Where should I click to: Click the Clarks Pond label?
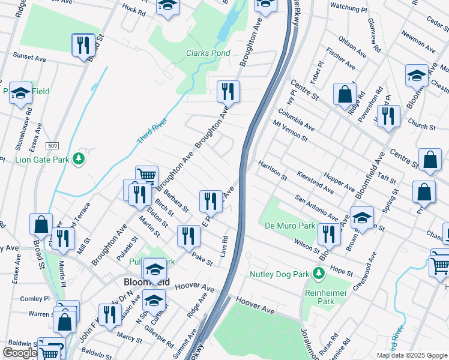208,53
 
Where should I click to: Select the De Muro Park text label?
290,226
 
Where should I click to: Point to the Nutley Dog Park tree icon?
318,274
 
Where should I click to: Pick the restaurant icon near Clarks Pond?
228,91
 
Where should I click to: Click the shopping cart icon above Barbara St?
146,176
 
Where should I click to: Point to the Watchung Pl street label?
348,10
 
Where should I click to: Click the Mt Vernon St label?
290,130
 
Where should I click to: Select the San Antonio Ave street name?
316,206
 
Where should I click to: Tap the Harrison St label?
273,170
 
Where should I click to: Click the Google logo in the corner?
19,353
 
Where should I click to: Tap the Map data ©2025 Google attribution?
411,355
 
